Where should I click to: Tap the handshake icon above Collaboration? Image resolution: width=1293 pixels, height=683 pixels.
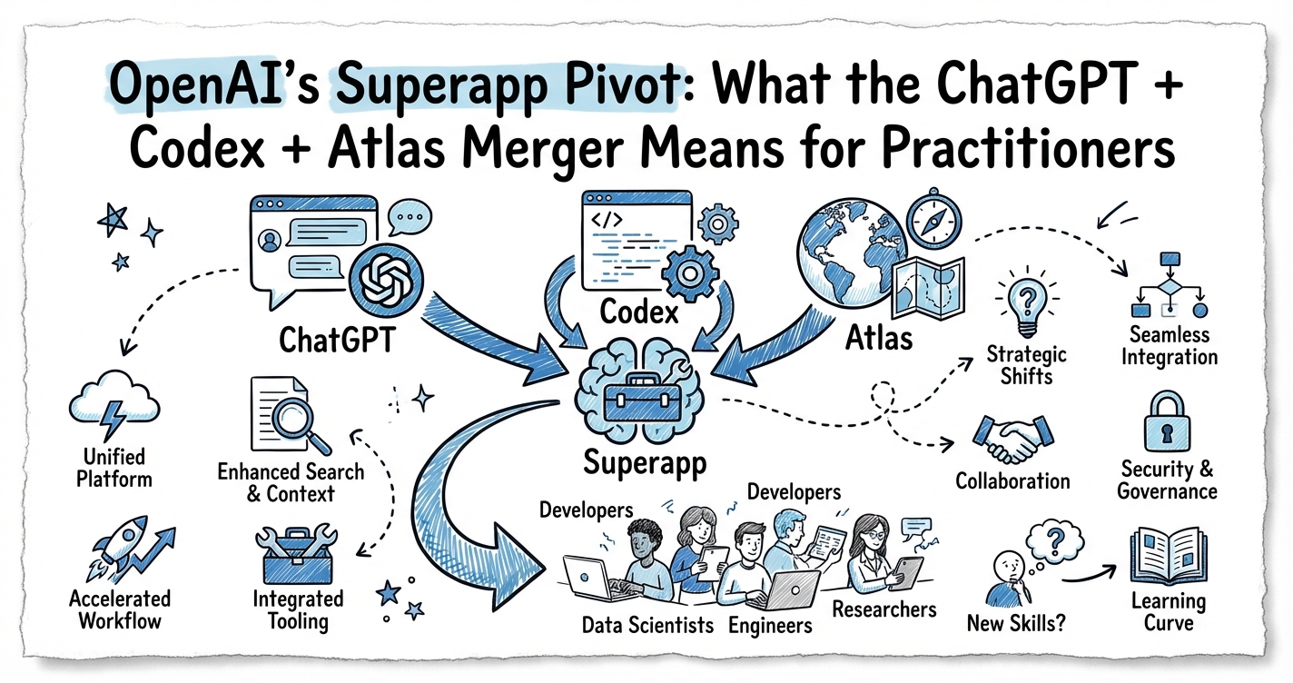click(1011, 440)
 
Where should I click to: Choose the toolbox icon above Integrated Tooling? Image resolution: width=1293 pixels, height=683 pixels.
click(299, 553)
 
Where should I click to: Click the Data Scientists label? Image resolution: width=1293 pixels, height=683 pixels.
click(647, 625)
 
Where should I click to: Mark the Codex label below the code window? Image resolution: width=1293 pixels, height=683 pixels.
click(639, 312)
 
